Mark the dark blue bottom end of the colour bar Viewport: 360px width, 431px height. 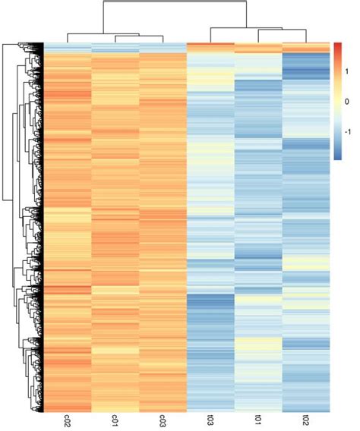coord(338,156)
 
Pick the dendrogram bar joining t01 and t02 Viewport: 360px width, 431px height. coord(282,30)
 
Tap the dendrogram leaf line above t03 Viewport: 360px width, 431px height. coord(210,35)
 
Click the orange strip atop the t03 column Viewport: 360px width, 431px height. coord(210,47)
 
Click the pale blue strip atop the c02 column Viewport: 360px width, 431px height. coord(68,47)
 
